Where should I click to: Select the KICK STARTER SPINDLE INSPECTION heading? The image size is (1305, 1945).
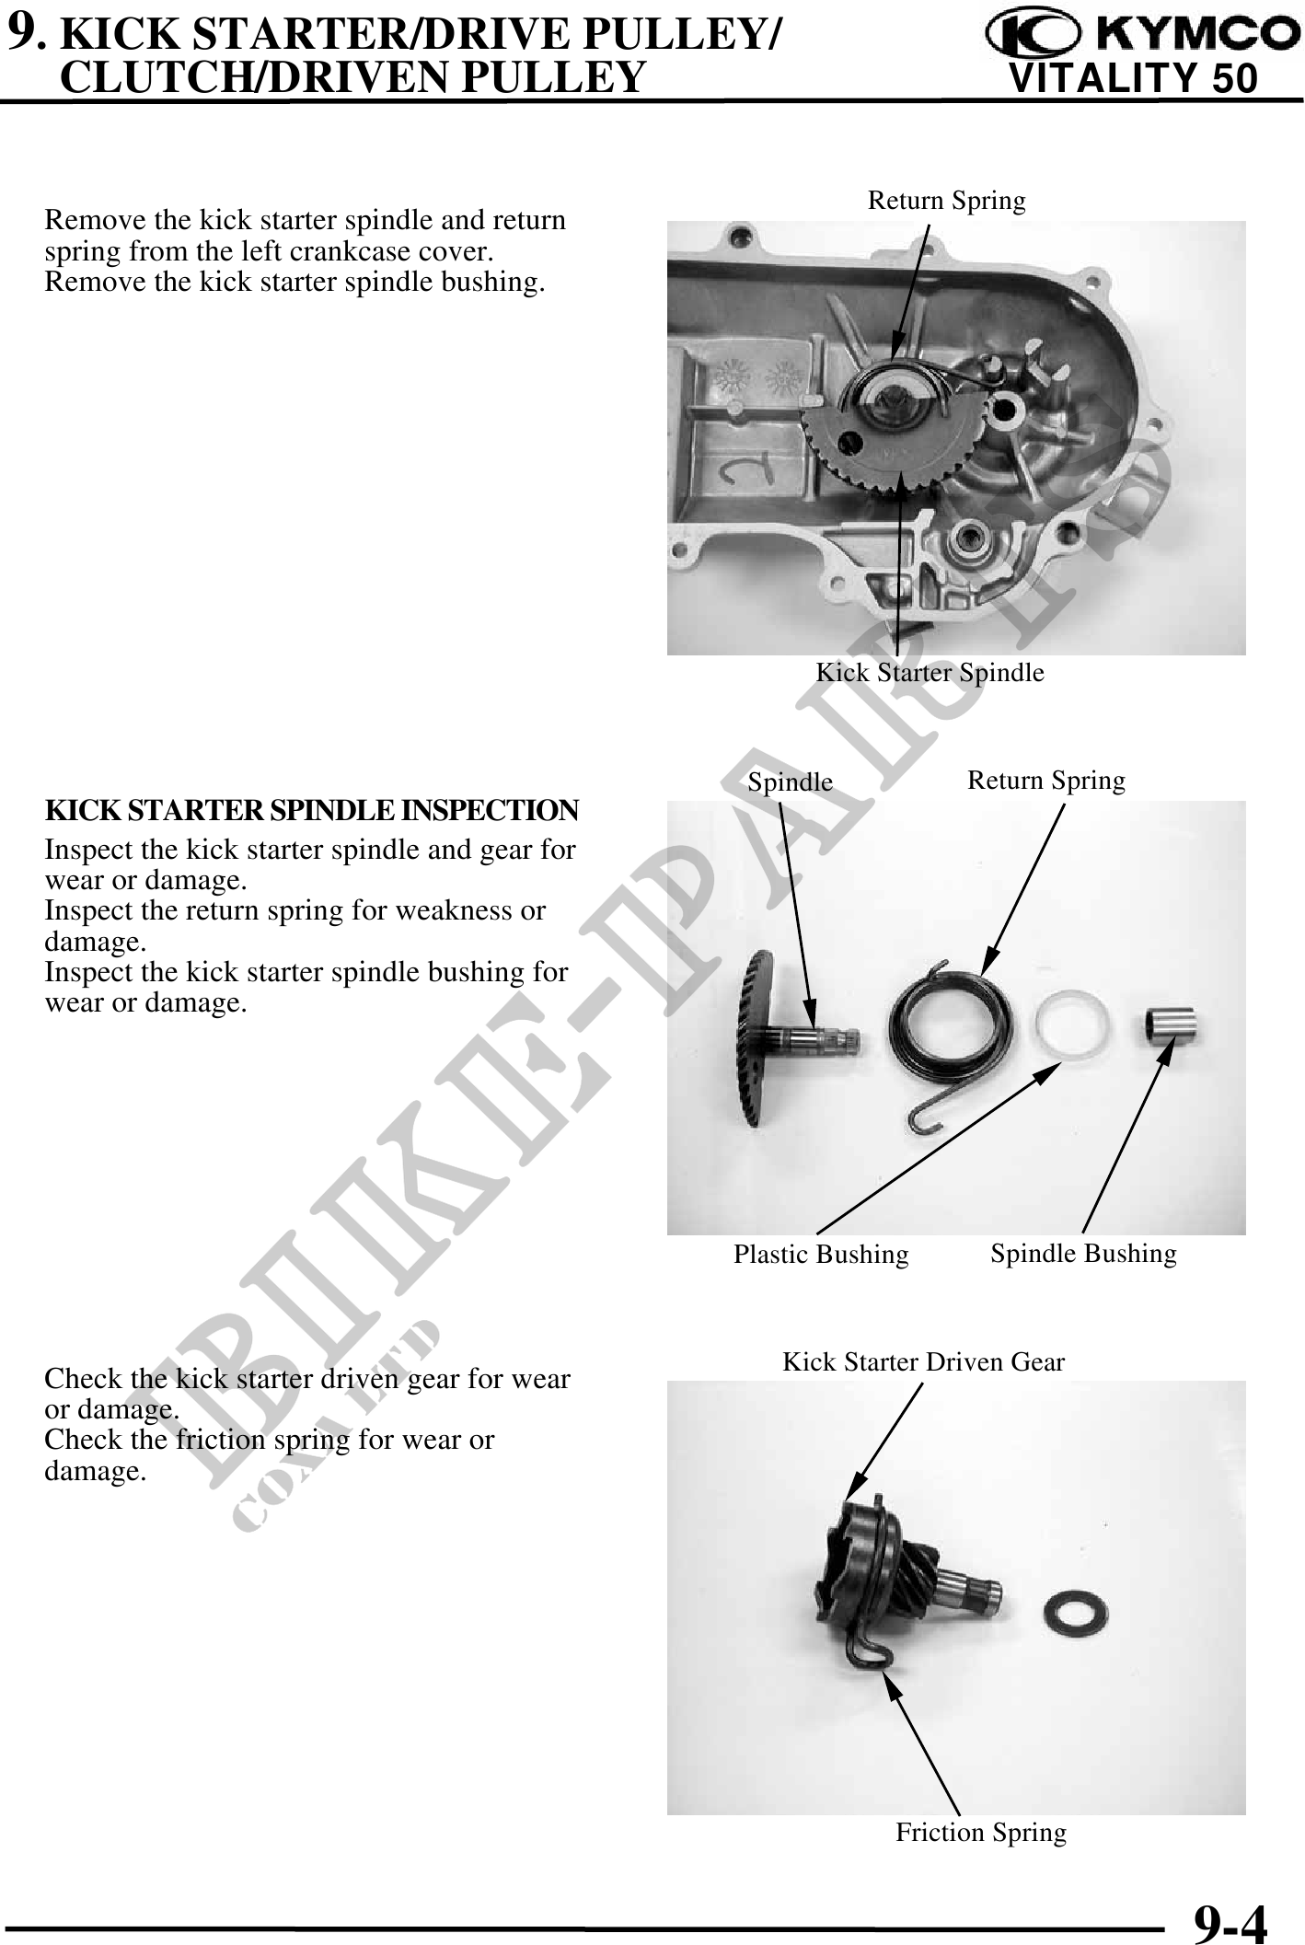click(x=312, y=811)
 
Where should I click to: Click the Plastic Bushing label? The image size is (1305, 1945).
click(x=821, y=1255)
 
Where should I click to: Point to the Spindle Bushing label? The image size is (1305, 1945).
click(x=1083, y=1254)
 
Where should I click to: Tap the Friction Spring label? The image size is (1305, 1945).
click(x=981, y=1833)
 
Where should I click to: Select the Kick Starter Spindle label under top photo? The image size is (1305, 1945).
click(x=930, y=673)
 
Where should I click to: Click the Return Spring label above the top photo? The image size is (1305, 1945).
click(x=946, y=201)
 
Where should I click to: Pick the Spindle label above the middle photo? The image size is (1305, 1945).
click(x=790, y=782)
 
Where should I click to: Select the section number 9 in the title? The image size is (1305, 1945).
click(x=22, y=32)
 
